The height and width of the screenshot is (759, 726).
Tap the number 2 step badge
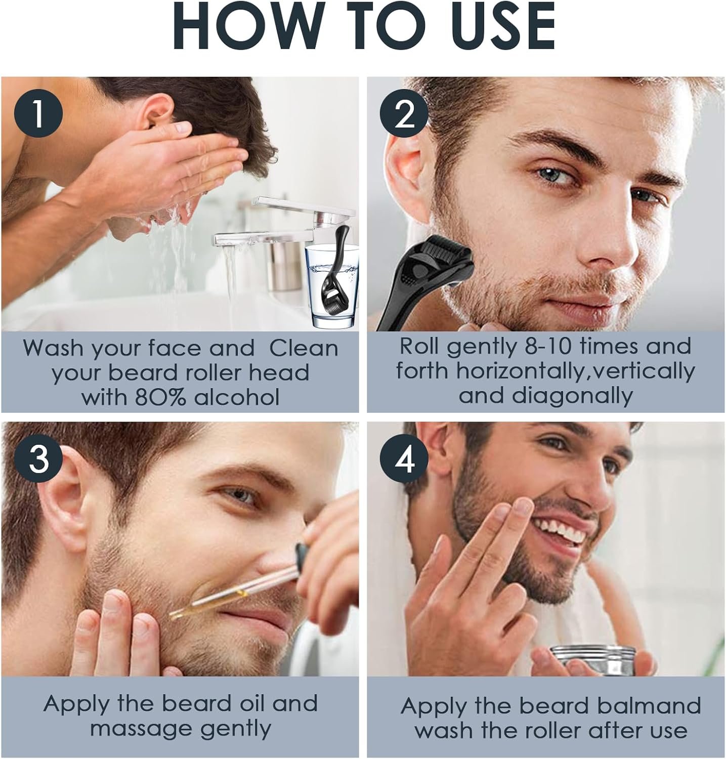click(404, 115)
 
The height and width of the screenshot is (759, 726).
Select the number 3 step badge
click(39, 459)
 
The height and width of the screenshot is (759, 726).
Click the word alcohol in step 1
click(237, 397)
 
